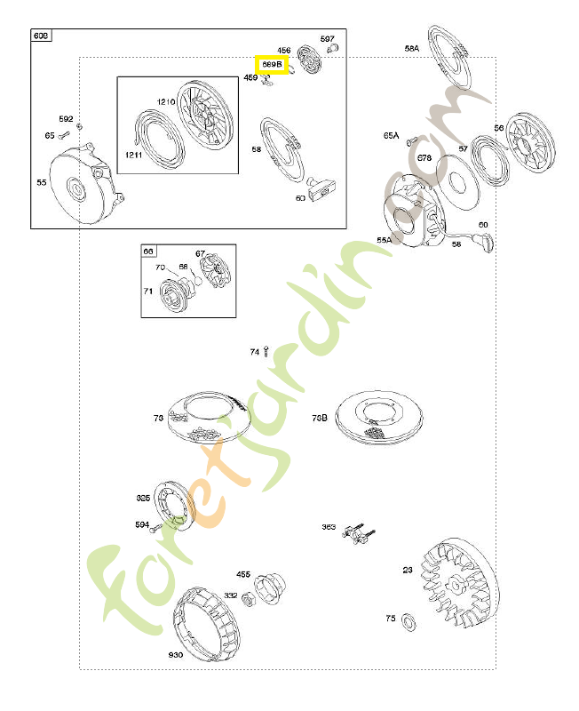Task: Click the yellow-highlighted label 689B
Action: click(x=271, y=65)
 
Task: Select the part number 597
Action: click(x=328, y=39)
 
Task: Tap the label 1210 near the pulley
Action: click(x=167, y=102)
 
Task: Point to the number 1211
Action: click(x=133, y=156)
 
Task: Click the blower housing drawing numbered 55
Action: click(x=83, y=186)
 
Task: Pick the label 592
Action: click(x=67, y=118)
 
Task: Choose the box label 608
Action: click(x=42, y=36)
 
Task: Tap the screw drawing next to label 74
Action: click(x=266, y=352)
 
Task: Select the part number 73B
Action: click(x=320, y=417)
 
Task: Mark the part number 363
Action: click(x=329, y=527)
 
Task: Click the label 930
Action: click(x=175, y=655)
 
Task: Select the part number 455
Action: click(x=243, y=574)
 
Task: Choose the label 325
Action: click(x=143, y=498)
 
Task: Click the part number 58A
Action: click(x=411, y=49)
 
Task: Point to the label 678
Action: click(x=424, y=158)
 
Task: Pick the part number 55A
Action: click(x=385, y=239)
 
